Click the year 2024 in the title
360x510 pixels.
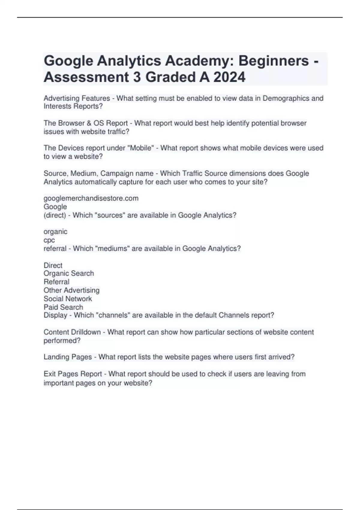point(229,77)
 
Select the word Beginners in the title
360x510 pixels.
point(274,61)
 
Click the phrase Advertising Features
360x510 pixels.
point(77,98)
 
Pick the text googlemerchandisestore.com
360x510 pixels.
point(91,198)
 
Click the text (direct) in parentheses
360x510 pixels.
point(55,215)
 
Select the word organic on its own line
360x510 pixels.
point(55,232)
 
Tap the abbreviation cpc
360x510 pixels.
point(49,240)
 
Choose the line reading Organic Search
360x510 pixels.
point(69,273)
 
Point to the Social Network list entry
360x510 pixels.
point(68,298)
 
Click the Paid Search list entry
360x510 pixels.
point(63,307)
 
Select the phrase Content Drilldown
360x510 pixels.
point(72,332)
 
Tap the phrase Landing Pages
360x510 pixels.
point(67,357)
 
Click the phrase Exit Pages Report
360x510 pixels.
point(73,374)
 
